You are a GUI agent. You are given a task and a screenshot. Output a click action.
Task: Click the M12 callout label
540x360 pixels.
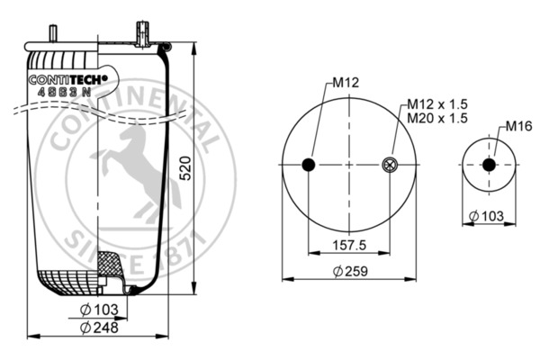tap(346, 83)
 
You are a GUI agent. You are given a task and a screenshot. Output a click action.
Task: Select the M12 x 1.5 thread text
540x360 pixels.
tap(436, 103)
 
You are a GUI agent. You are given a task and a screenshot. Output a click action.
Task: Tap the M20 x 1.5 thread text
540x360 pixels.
tap(436, 118)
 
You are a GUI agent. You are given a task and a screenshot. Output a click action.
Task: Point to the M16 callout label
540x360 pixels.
tap(517, 125)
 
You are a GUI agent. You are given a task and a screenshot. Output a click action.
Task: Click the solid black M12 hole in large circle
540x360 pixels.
tap(308, 164)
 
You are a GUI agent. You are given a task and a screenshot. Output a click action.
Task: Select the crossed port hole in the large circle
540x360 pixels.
tap(390, 164)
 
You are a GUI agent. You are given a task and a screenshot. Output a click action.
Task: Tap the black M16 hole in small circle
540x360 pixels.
tap(489, 165)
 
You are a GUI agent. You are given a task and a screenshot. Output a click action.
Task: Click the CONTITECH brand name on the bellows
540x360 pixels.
tap(68, 79)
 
